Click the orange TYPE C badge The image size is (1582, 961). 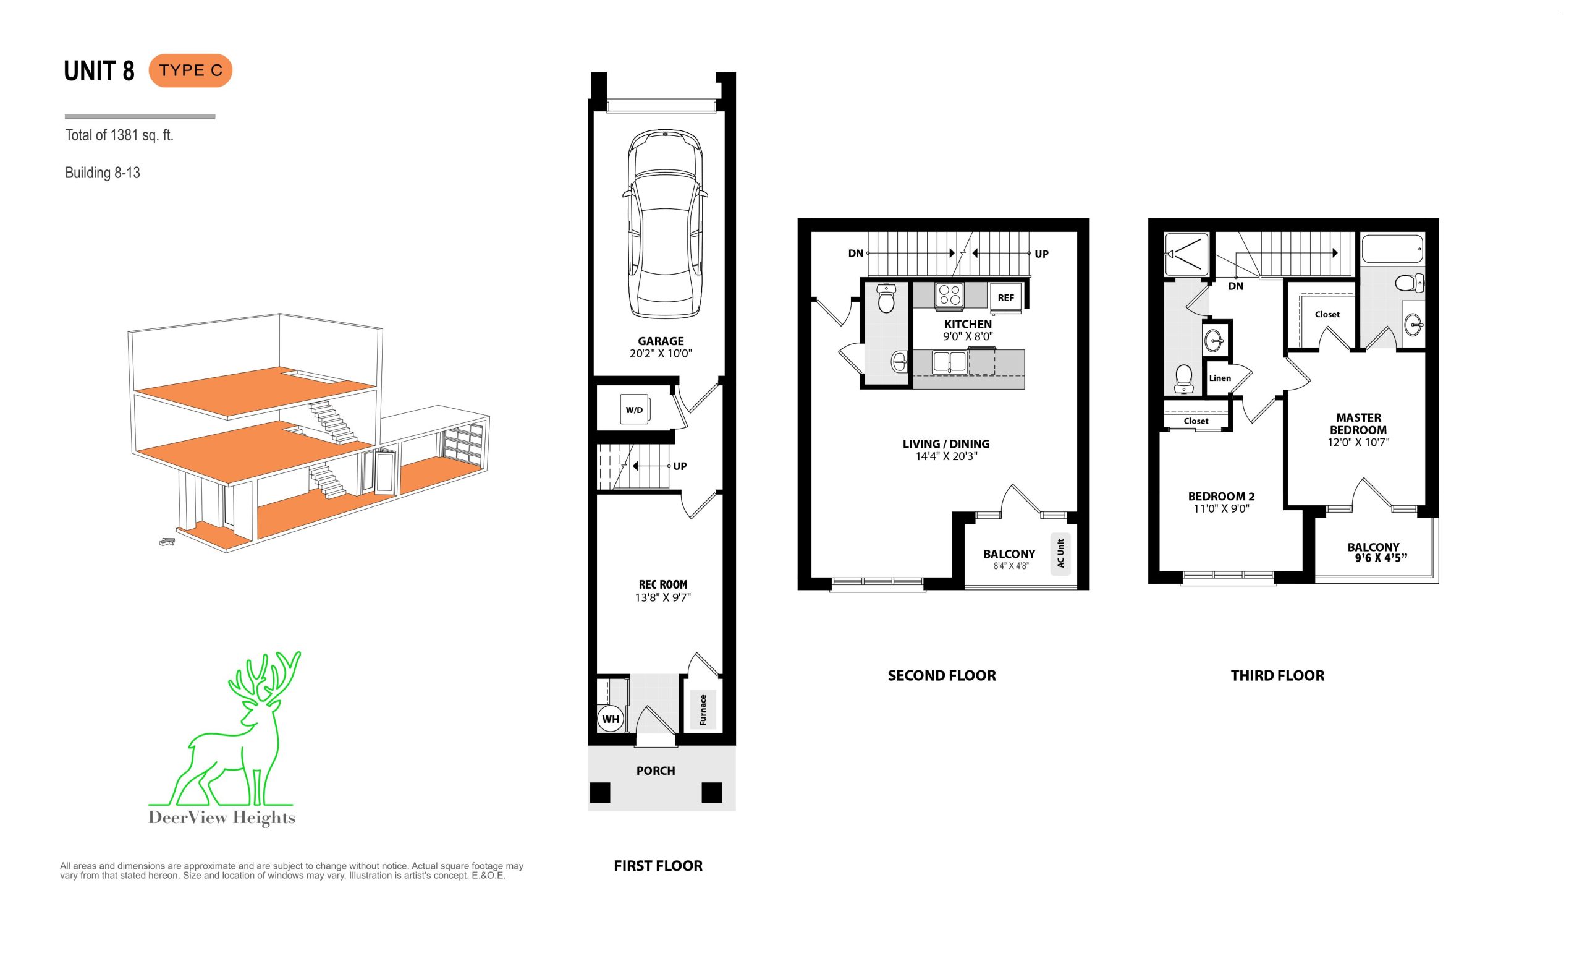coord(190,70)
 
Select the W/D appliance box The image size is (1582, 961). coord(634,410)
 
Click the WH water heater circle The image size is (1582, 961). coord(610,719)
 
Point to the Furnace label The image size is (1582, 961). coord(703,710)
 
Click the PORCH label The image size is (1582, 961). coord(656,770)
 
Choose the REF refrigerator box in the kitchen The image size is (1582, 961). coord(1005,297)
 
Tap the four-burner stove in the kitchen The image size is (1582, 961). coord(950,296)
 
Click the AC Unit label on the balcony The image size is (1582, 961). coord(1060,553)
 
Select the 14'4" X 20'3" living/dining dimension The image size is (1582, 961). coord(946,457)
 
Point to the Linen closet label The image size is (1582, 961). coord(1220,378)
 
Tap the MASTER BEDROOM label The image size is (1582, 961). coord(1358,424)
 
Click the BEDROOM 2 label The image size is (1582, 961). coord(1221,496)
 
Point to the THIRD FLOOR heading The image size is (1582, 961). coord(1277,675)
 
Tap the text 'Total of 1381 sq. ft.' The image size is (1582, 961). coord(119,135)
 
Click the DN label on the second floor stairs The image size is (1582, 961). coord(855,254)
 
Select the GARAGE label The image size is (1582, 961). coord(661,341)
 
